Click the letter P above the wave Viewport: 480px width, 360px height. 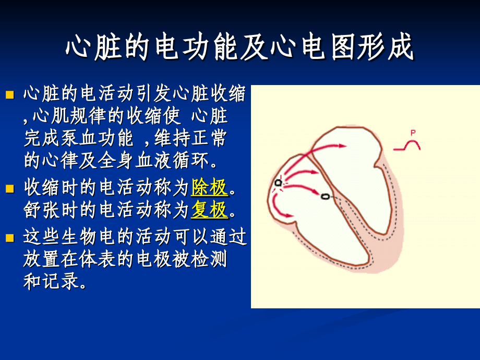tap(413, 133)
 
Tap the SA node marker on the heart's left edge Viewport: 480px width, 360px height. tap(278, 183)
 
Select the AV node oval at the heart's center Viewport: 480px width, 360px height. tap(326, 197)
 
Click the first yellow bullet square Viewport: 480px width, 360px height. tap(9, 95)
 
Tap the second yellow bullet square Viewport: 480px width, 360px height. tap(9, 187)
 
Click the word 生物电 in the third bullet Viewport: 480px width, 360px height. tap(98, 237)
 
